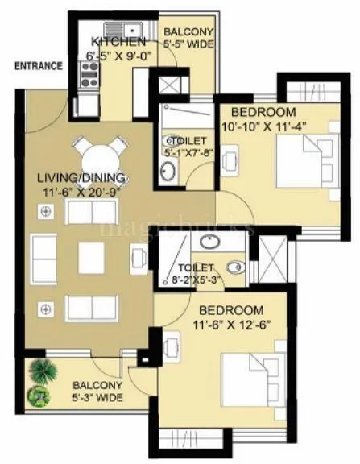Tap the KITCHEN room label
coord(118,42)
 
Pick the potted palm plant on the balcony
coord(40,371)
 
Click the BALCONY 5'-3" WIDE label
coord(97,392)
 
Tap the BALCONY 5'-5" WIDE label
coord(188,38)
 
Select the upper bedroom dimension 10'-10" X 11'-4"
coord(263,126)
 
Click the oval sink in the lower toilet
coord(212,242)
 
